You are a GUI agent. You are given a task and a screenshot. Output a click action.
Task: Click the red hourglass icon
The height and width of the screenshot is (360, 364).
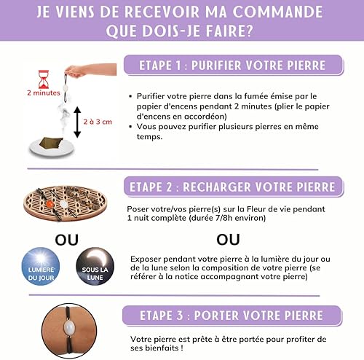tap(44, 79)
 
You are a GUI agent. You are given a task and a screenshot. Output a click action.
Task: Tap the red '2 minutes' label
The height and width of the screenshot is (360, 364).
tap(44, 93)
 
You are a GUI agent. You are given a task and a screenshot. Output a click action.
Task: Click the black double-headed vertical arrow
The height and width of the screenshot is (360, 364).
tap(77, 122)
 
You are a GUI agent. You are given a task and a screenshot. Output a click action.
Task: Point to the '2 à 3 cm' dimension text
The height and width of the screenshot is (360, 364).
tap(98, 122)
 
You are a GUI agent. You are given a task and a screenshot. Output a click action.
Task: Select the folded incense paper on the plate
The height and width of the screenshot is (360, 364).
tap(51, 143)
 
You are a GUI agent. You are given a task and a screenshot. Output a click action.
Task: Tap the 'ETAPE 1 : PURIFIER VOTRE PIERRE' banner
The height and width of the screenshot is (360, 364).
tap(233, 65)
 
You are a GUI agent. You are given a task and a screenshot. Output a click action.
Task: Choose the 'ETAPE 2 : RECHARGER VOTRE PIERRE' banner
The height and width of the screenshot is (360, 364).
tap(233, 187)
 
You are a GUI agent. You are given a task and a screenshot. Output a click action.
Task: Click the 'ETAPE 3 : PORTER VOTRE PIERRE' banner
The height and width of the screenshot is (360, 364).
tap(232, 316)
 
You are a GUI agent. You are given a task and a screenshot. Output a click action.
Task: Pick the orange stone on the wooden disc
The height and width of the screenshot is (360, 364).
tap(50, 204)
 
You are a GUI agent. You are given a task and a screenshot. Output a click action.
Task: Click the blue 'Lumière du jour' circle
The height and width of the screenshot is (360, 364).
tap(41, 266)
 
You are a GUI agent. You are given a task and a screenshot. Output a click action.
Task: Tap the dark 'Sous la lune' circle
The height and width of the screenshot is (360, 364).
tap(95, 266)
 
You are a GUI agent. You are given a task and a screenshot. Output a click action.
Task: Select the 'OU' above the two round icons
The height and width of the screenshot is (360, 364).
tap(67, 240)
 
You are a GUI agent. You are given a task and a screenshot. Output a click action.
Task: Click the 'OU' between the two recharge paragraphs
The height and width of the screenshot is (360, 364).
tap(228, 240)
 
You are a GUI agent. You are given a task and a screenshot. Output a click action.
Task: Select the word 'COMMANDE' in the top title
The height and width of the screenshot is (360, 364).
tap(278, 12)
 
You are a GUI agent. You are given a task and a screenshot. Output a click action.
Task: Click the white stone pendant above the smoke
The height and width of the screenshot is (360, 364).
tap(66, 87)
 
